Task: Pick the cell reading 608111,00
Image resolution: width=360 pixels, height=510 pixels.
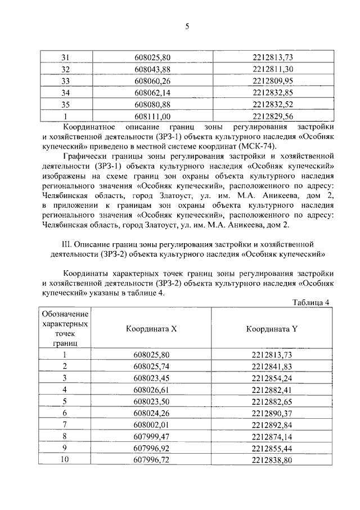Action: [152, 116]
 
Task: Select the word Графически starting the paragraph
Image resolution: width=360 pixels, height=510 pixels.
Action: [87, 157]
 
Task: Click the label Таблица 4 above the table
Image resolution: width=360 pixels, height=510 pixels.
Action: [310, 302]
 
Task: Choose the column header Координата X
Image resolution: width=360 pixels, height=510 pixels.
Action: [152, 329]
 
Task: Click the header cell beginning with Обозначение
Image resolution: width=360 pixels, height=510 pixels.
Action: [64, 328]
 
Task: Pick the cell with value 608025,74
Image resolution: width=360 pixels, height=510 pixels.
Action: [152, 366]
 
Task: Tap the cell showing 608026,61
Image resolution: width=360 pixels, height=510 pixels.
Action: [152, 390]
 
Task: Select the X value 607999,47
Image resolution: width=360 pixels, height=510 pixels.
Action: [152, 437]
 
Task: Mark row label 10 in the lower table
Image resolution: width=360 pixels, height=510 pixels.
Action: [64, 460]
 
